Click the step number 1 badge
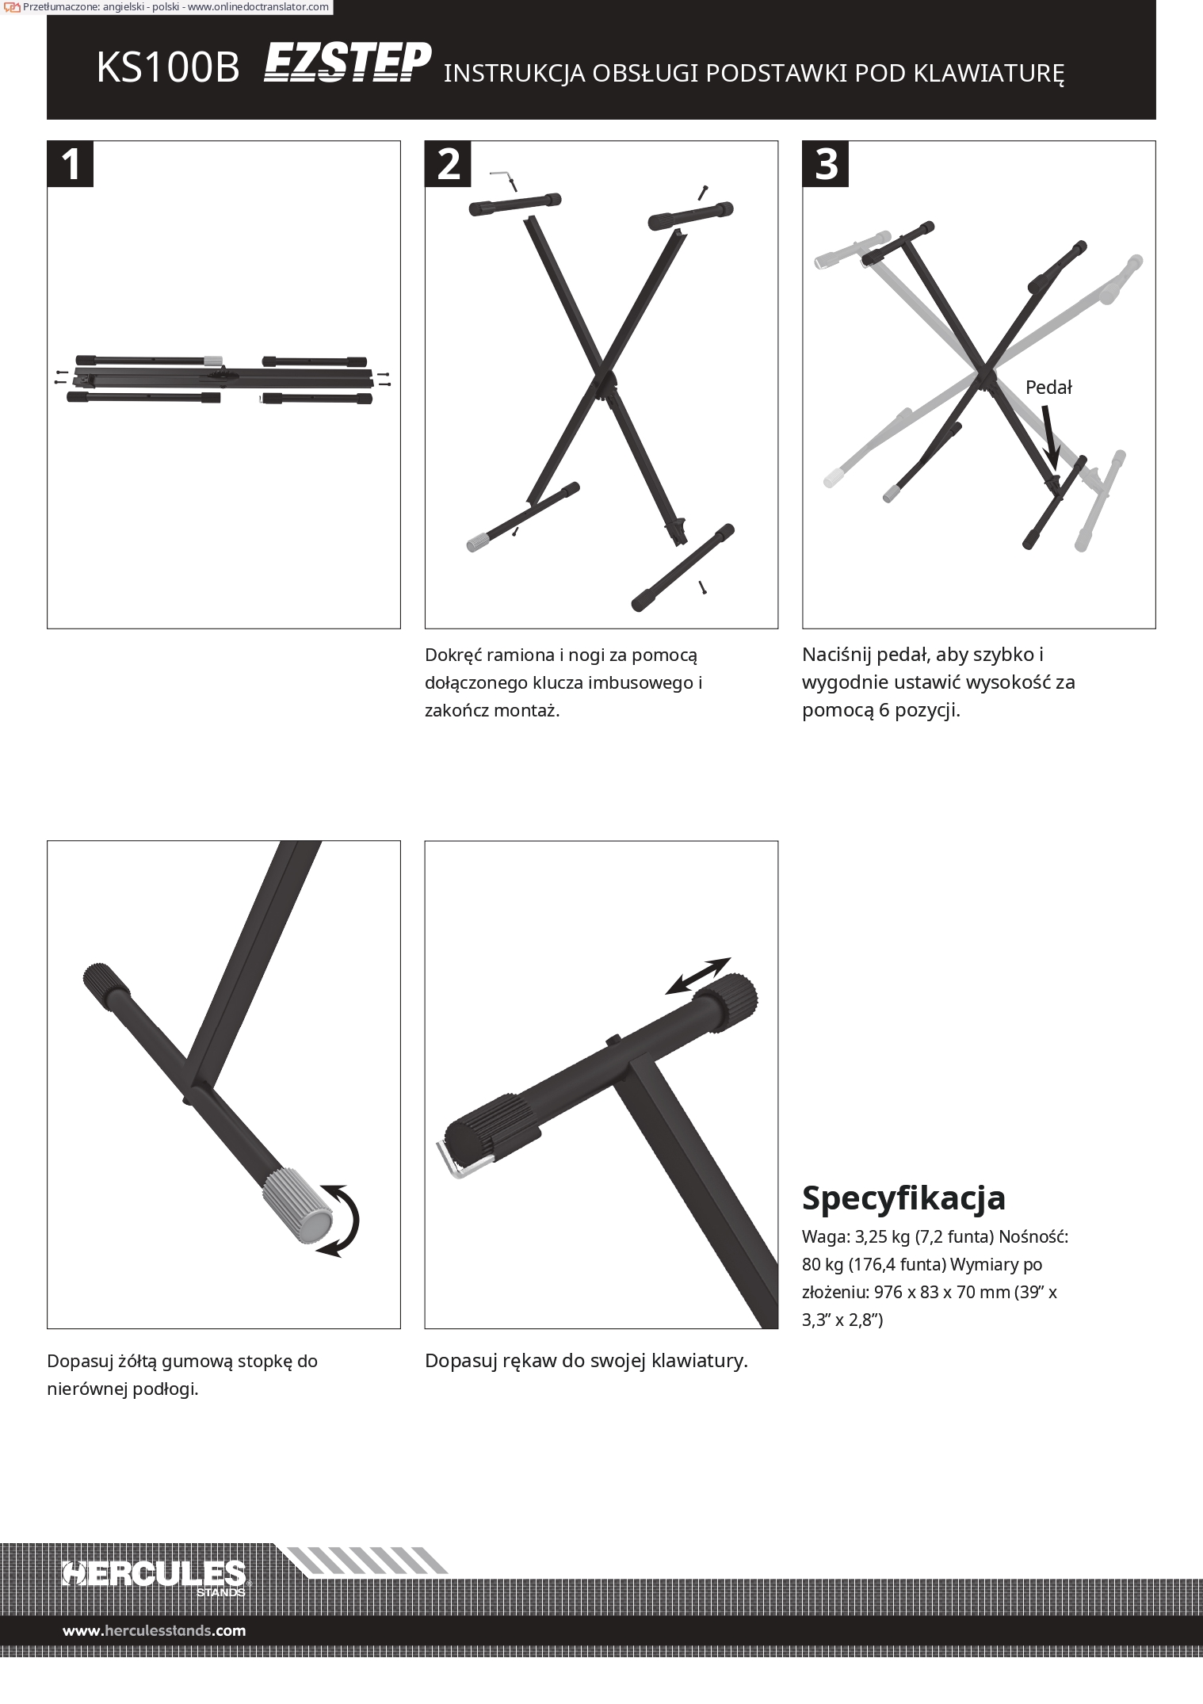[x=71, y=164]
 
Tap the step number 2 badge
[x=449, y=164]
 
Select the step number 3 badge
[x=826, y=164]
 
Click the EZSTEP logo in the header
[x=347, y=63]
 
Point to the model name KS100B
[x=167, y=69]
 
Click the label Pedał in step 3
[x=1048, y=388]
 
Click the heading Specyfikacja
[x=903, y=1198]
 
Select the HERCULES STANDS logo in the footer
[x=155, y=1573]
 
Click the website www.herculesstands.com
[x=155, y=1630]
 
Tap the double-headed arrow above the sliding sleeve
[x=697, y=976]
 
